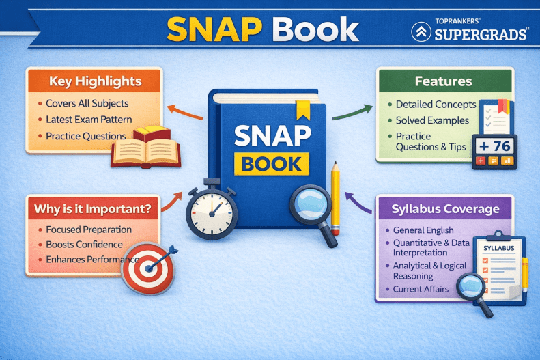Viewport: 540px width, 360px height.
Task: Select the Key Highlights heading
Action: point(95,81)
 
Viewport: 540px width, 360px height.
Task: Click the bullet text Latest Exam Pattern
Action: point(89,120)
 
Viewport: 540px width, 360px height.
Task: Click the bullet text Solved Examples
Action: point(432,120)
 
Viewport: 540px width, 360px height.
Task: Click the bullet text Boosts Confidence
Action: point(84,245)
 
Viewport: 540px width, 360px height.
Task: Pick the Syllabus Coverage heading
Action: point(445,208)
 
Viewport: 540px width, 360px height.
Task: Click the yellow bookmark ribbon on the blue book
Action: point(301,109)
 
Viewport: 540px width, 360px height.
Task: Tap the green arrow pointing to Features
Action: point(352,111)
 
